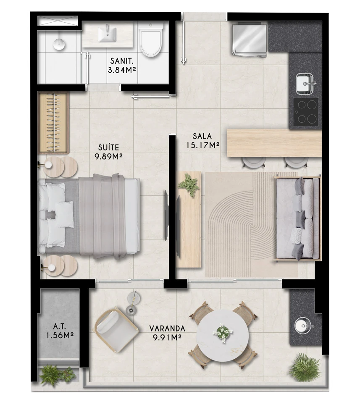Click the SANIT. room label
(x=122, y=61)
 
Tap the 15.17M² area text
(x=203, y=145)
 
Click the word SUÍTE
(x=108, y=147)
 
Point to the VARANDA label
(x=167, y=329)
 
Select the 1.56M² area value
(x=60, y=336)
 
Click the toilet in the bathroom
(x=151, y=39)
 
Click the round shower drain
(x=59, y=44)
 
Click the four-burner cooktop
(x=306, y=112)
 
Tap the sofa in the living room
(x=297, y=218)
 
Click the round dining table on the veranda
(x=223, y=335)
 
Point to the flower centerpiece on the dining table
(x=223, y=332)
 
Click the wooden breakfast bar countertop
(x=274, y=143)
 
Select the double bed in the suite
(x=89, y=216)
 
